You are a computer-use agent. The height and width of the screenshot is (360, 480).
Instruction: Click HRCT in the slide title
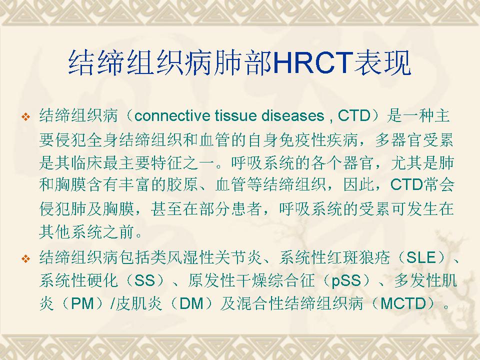coord(312,63)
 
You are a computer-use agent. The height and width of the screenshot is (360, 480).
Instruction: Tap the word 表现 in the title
coord(381,63)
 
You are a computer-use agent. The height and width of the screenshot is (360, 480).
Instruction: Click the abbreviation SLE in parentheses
coord(420,257)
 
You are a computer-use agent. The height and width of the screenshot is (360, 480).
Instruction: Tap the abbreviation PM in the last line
coord(82,304)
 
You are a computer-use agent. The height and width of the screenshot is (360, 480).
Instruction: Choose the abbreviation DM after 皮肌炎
coord(191,304)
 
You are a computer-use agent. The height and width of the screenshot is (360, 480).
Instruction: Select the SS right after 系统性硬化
coord(145,280)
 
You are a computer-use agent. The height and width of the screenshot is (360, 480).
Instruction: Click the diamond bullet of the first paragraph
coord(26,116)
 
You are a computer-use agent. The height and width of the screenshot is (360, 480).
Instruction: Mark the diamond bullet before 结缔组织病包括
coord(26,258)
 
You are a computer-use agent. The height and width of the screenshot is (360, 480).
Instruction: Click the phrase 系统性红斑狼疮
coord(334,257)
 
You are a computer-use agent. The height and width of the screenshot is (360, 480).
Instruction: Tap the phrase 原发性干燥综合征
coord(251,280)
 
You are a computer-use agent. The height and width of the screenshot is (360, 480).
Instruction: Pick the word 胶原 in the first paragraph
coord(182,184)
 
